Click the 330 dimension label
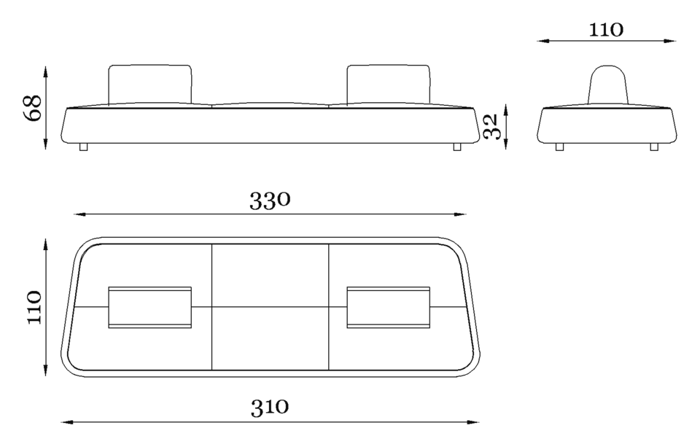pyautogui.click(x=270, y=201)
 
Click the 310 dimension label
pyautogui.click(x=270, y=407)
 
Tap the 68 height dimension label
pyautogui.click(x=33, y=108)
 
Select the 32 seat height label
pyautogui.click(x=490, y=126)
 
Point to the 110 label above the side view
pyautogui.click(x=606, y=30)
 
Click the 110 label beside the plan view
pyautogui.click(x=34, y=307)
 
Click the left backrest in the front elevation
pyautogui.click(x=150, y=85)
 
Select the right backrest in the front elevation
pyautogui.click(x=389, y=85)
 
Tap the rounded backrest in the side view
pyautogui.click(x=607, y=85)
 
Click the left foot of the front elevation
pyautogui.click(x=83, y=147)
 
